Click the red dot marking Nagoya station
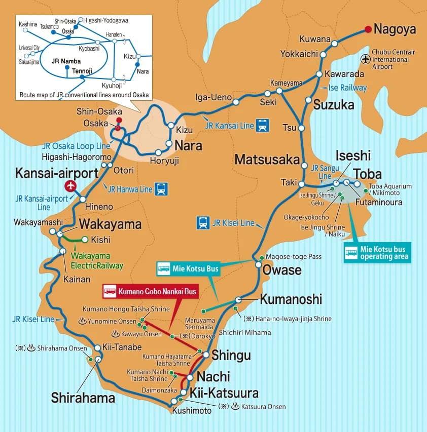point(367,29)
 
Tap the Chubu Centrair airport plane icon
point(366,59)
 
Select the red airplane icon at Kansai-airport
point(70,186)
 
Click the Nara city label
point(188,146)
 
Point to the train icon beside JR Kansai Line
point(262,124)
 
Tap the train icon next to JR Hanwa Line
point(161,189)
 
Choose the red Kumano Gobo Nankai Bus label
point(150,291)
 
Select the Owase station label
point(281,269)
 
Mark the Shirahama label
point(83,398)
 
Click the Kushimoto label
point(192,411)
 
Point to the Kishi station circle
point(85,240)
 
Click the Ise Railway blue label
point(347,88)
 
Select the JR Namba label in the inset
point(63,59)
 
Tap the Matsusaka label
point(267,160)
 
